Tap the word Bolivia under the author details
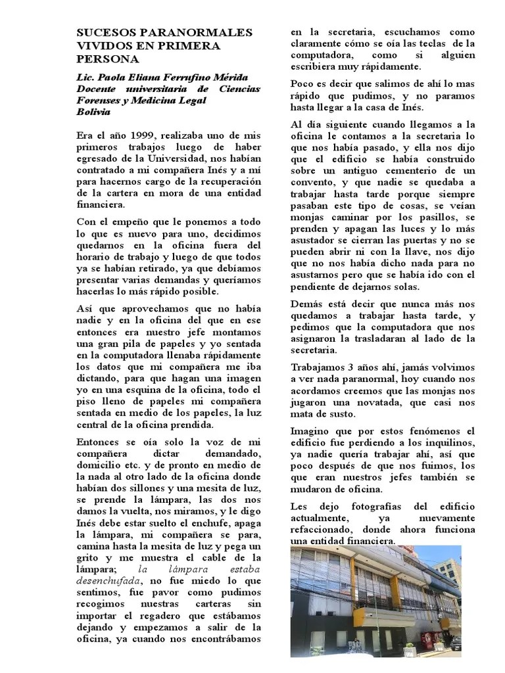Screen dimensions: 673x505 point(93,112)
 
